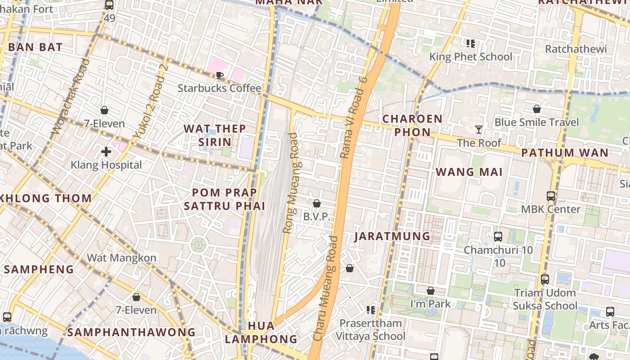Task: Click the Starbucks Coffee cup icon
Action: click(x=220, y=75)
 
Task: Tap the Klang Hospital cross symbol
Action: click(x=106, y=152)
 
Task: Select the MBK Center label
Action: click(x=551, y=209)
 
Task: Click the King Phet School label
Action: click(x=471, y=57)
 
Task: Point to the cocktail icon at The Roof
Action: click(x=478, y=130)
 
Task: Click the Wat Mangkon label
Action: click(x=121, y=258)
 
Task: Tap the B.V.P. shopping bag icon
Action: click(x=317, y=203)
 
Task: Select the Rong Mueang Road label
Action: click(x=291, y=183)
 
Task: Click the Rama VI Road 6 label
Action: click(x=354, y=118)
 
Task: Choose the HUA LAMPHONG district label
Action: click(x=261, y=332)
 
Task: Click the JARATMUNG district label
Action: click(x=392, y=236)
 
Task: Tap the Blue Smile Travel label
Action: click(x=537, y=122)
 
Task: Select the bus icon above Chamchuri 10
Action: click(x=498, y=237)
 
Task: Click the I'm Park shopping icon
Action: click(x=431, y=291)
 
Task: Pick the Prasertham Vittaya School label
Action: click(x=371, y=330)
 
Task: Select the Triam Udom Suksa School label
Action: click(x=545, y=299)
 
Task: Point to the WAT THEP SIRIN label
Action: click(x=215, y=135)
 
